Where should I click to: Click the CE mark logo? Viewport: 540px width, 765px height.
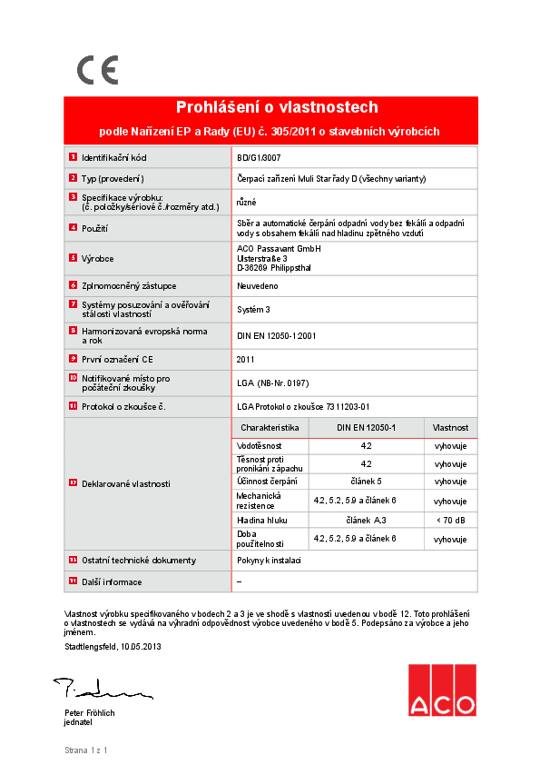coord(97,70)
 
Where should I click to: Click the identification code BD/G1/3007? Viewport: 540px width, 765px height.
coord(259,157)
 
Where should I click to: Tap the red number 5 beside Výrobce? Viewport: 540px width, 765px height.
coord(73,258)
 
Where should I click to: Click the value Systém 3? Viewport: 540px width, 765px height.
coord(253,310)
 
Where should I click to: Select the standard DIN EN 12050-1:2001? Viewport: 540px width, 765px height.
coord(276,335)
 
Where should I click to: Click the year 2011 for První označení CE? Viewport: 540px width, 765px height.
coord(246,359)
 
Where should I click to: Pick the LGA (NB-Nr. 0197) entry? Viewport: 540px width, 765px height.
coord(272,383)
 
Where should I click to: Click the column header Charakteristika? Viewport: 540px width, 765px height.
coord(270,427)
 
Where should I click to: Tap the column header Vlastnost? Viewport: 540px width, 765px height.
coord(450,427)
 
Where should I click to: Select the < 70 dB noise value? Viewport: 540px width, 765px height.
coord(450,520)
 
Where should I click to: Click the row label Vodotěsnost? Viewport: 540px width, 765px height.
coord(260,446)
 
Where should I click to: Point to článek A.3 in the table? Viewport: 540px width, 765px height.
coord(367,520)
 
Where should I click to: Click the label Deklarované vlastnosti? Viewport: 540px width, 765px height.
coord(125,484)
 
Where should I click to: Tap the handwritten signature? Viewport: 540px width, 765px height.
coord(101,689)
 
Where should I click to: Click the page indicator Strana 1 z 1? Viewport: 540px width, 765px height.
coord(86,750)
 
